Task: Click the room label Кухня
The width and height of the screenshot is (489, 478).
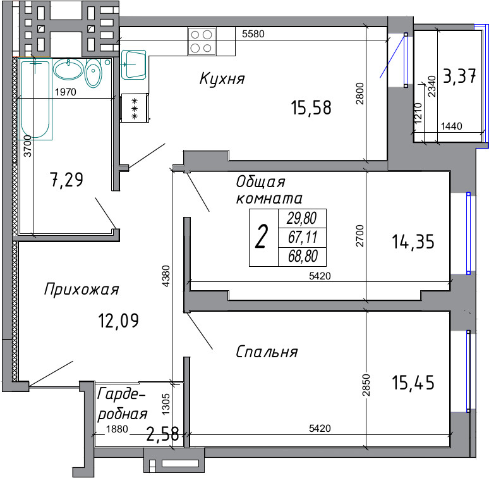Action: (222, 78)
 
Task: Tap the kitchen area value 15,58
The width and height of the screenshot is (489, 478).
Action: (311, 107)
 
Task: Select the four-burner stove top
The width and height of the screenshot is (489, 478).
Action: (202, 41)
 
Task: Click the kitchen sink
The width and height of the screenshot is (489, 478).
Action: (133, 64)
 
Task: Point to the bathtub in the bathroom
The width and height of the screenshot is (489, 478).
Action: (35, 99)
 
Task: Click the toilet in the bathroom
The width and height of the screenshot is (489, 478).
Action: (94, 72)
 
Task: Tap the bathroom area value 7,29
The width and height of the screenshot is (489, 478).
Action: (66, 180)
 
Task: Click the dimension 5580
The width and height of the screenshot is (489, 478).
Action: (253, 34)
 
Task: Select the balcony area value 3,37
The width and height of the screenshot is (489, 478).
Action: (459, 76)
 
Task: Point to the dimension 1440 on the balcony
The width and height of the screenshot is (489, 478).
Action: (452, 126)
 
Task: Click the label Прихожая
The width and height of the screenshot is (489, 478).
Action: (81, 289)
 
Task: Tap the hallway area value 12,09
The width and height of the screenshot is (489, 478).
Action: (119, 321)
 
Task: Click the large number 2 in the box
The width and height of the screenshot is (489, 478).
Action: (262, 237)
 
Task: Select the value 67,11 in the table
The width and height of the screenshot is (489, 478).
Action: (303, 237)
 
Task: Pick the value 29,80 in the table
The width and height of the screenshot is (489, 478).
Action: (302, 218)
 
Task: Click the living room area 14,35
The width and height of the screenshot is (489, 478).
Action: (413, 242)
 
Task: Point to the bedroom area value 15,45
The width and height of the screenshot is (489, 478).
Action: (413, 383)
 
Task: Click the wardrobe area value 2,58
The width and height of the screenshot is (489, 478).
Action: (162, 434)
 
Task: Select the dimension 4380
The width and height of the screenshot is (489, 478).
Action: (166, 276)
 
